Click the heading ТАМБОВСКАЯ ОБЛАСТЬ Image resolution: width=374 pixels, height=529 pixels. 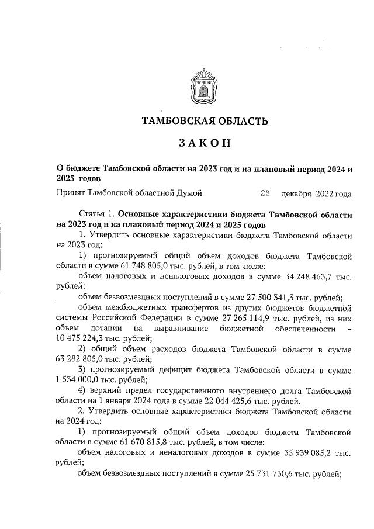205,122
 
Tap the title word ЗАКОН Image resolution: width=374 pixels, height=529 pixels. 205,143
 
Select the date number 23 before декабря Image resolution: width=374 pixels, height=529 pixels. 264,192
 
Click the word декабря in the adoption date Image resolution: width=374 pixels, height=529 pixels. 297,193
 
